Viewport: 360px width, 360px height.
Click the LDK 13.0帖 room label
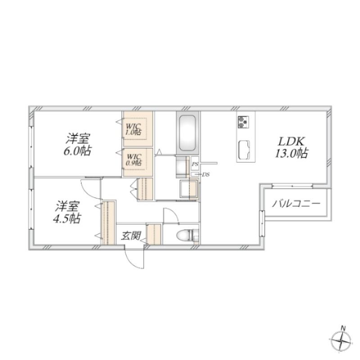coord(291,147)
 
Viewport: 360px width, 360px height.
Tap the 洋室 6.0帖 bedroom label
coord(77,144)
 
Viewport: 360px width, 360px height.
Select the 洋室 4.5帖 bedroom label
coord(67,212)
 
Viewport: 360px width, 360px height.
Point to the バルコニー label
coord(296,203)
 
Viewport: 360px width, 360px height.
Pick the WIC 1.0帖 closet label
coord(133,129)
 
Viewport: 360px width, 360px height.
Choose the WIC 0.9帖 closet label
coord(134,160)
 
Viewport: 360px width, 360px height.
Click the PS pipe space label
coord(195,164)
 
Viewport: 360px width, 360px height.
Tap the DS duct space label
coord(206,175)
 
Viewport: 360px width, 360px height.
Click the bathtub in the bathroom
coord(187,133)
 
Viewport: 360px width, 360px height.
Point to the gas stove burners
coord(243,122)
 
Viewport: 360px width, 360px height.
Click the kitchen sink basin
coord(244,149)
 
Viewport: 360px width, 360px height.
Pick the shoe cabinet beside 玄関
coord(154,234)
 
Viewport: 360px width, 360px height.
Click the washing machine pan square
coord(189,189)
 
